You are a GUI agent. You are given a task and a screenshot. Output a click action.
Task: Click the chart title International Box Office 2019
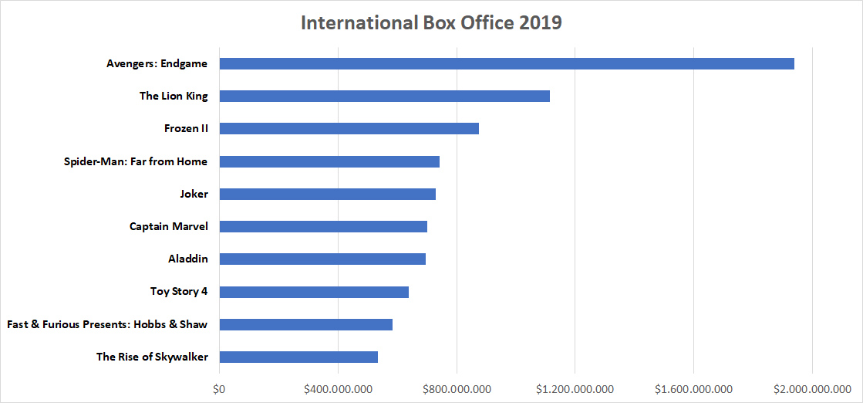click(x=431, y=23)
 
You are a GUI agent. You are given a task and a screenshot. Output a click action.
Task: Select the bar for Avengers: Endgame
click(x=507, y=63)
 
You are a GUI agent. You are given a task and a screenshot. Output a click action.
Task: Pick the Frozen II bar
click(x=349, y=128)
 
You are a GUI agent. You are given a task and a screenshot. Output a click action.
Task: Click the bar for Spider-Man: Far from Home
click(x=329, y=161)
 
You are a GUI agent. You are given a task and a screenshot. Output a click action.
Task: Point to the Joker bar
click(x=327, y=194)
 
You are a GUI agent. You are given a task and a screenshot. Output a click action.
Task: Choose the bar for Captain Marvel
click(x=323, y=226)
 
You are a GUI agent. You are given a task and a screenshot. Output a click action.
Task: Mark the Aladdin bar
click(x=322, y=259)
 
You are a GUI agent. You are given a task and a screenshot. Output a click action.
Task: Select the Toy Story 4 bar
click(x=314, y=292)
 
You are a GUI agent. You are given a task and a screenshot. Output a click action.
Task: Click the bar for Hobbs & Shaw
click(x=305, y=324)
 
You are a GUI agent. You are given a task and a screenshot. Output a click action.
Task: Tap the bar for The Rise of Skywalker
click(x=298, y=357)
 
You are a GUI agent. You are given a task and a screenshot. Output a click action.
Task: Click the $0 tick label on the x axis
click(x=219, y=388)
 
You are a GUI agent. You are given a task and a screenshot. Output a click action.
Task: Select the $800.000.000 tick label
click(x=457, y=388)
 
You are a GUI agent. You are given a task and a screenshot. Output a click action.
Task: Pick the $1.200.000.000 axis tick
click(x=575, y=388)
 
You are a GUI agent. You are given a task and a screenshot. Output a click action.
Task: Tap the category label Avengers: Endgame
click(x=157, y=63)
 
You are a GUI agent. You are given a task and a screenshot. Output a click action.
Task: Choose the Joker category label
click(x=193, y=194)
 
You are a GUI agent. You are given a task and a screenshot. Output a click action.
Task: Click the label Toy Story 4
click(x=179, y=292)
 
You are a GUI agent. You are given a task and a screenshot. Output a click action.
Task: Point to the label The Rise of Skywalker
click(x=152, y=357)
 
